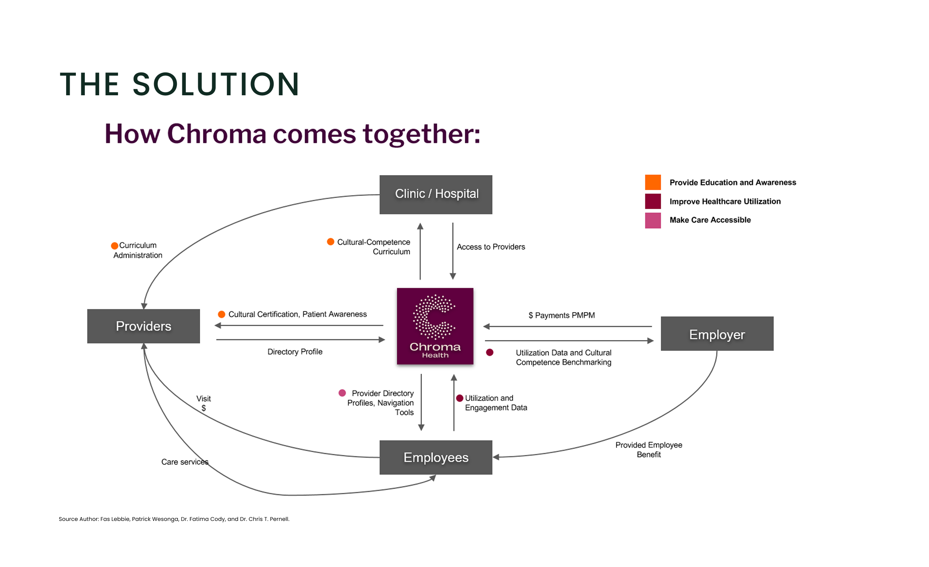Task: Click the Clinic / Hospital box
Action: tap(435, 194)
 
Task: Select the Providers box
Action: tap(144, 326)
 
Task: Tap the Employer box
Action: tap(717, 334)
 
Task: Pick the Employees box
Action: tap(436, 457)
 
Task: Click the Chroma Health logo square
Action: tap(435, 326)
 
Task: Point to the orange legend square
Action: tap(653, 182)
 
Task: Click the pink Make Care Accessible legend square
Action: tap(653, 220)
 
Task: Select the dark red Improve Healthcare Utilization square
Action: tap(653, 201)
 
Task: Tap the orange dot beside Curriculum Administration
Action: tap(115, 246)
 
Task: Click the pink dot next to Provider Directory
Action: tap(342, 393)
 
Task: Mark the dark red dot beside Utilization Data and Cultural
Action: tap(490, 352)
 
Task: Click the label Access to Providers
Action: tap(491, 247)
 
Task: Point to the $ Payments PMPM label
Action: tap(562, 315)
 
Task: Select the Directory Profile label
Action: tap(295, 352)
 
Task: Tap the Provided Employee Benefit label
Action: tap(649, 450)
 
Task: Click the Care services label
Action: tap(185, 462)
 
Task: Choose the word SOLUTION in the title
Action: tap(216, 84)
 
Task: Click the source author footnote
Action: tap(174, 519)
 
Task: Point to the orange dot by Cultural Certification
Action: tap(222, 314)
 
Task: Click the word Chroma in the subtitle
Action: tap(217, 134)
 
